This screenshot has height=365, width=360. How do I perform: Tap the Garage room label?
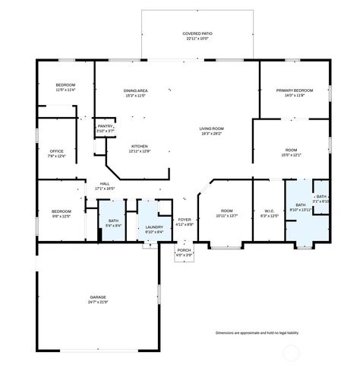click(98, 297)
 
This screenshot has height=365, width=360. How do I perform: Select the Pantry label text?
click(105, 127)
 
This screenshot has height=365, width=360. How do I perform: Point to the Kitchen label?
click(139, 146)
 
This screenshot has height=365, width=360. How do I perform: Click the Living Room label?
click(210, 129)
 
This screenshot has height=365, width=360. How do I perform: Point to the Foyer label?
click(185, 221)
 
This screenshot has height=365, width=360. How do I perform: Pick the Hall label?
click(104, 183)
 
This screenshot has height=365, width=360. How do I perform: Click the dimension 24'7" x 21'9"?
click(98, 302)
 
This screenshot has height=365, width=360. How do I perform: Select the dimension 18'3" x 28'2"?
click(210, 134)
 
